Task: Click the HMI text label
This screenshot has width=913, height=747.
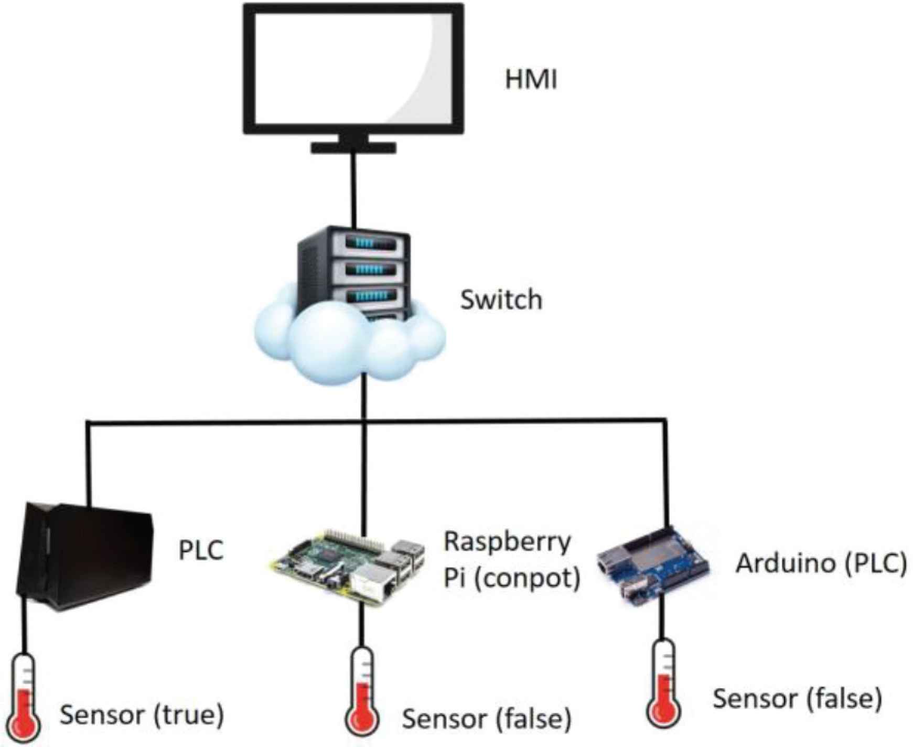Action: point(530,80)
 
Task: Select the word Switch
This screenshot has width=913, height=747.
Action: point(501,300)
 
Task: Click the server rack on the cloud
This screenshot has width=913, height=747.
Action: point(354,273)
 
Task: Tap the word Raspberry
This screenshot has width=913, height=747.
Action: point(507,541)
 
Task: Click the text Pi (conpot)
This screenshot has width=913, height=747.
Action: point(512,578)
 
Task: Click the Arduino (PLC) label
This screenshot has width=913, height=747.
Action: point(821,564)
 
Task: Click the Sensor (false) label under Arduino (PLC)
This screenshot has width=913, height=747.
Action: point(797,699)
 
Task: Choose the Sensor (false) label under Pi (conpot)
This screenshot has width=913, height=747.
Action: point(486,719)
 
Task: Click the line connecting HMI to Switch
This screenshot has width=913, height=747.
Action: point(356,189)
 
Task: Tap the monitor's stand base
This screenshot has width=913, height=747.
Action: point(353,147)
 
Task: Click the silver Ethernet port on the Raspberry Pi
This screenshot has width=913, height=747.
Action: point(373,583)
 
